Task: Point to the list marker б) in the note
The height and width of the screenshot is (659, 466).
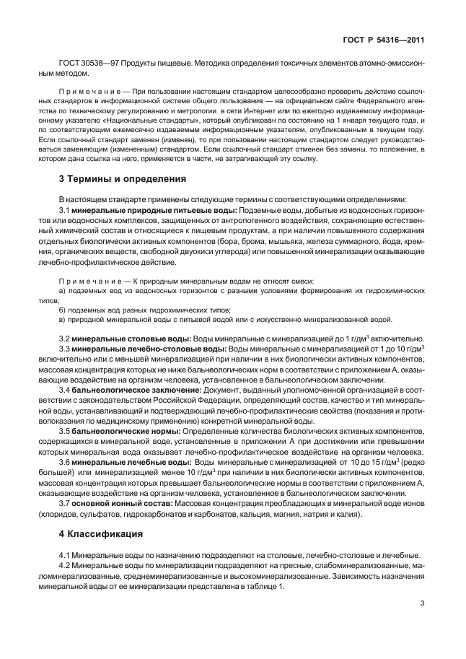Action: pyautogui.click(x=62, y=308)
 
